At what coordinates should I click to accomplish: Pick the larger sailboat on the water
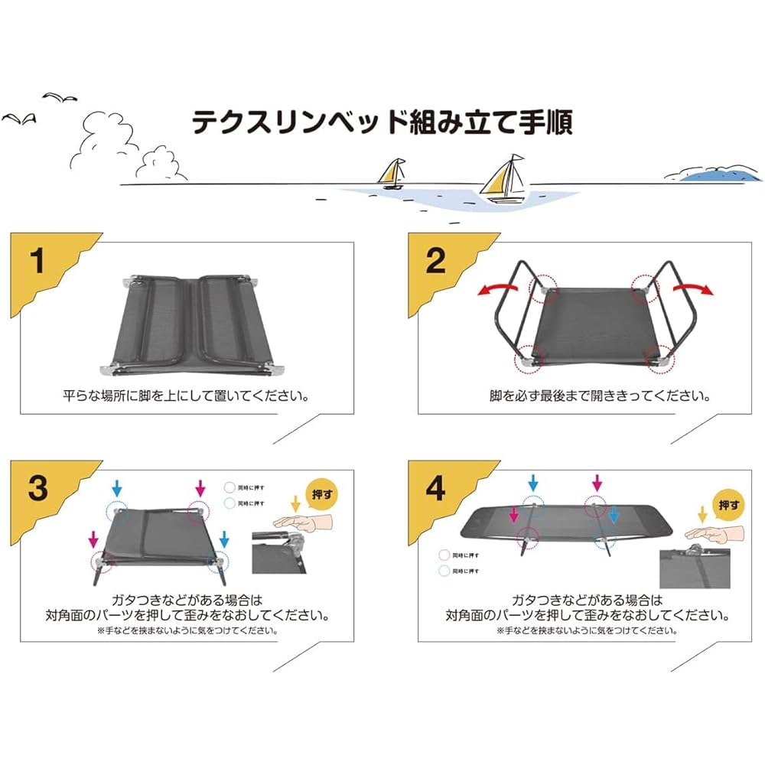pos(505,179)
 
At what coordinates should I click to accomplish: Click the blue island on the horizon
pos(716,174)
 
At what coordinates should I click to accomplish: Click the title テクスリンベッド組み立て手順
pos(382,121)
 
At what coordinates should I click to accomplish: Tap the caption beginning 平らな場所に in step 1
pos(187,396)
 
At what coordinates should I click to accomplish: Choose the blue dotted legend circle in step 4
pos(444,571)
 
